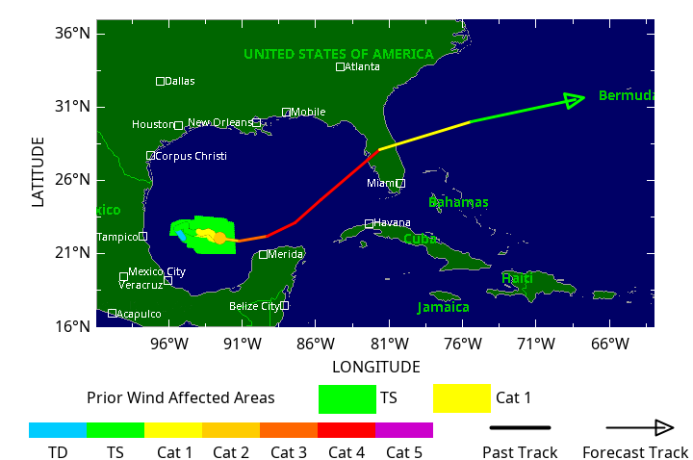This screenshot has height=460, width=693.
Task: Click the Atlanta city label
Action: (362, 66)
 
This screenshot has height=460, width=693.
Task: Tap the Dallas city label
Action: (179, 81)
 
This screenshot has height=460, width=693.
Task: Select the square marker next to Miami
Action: (400, 183)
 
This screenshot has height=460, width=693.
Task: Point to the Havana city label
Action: (392, 222)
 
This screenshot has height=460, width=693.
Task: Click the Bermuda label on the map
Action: (627, 95)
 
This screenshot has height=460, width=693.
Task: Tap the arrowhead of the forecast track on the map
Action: (575, 99)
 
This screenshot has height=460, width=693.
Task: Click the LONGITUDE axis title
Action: (376, 367)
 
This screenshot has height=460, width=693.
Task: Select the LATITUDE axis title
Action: (38, 171)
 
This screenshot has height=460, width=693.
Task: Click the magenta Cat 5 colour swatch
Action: (404, 430)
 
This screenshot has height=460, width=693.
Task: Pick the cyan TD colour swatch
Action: (58, 430)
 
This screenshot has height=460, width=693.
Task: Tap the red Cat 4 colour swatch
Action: (346, 430)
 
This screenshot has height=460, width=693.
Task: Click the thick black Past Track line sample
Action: (520, 427)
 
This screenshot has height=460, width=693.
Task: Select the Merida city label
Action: (285, 254)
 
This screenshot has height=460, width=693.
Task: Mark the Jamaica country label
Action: (444, 308)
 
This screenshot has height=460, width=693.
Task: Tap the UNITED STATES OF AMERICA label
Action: (338, 54)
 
